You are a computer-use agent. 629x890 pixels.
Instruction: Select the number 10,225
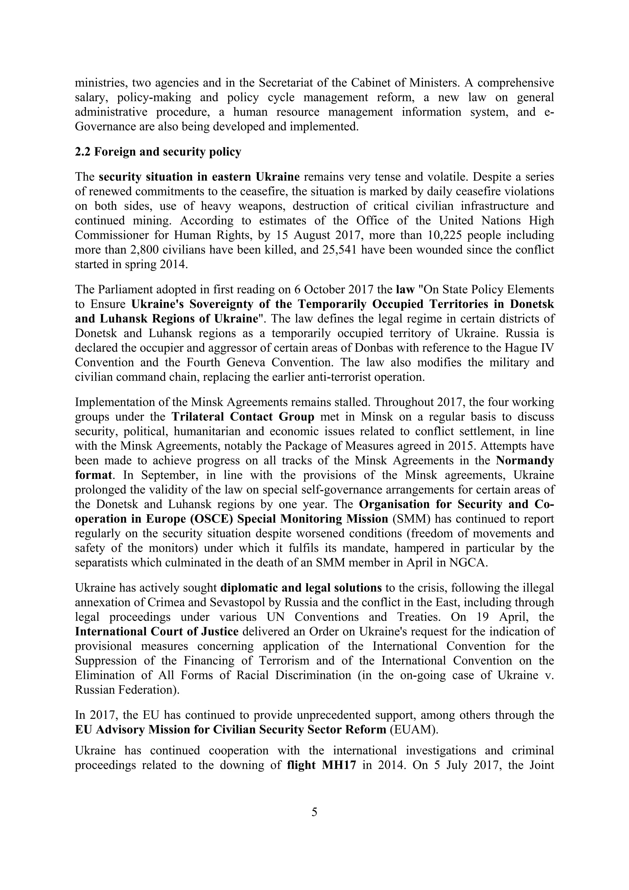click(x=447, y=235)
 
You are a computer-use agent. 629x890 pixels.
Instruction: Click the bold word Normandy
click(x=525, y=461)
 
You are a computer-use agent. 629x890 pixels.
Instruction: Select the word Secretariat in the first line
click(x=288, y=83)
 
